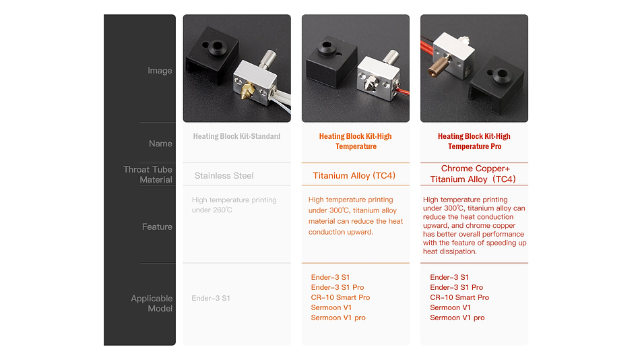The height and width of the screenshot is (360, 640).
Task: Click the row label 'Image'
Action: pyautogui.click(x=160, y=71)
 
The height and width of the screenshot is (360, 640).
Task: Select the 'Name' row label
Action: pyautogui.click(x=160, y=144)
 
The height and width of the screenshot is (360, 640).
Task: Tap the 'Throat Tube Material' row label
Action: pyautogui.click(x=148, y=175)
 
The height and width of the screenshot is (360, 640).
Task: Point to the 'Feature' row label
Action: pyautogui.click(x=157, y=227)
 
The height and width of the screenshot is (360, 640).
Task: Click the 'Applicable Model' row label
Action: pyautogui.click(x=152, y=303)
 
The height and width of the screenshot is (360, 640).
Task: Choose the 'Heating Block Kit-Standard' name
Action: pyautogui.click(x=236, y=136)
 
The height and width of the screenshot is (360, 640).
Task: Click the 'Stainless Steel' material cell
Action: pyautogui.click(x=224, y=176)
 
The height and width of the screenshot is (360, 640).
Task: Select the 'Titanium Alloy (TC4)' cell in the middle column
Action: pyautogui.click(x=354, y=176)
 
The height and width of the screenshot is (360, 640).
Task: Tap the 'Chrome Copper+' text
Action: pyautogui.click(x=476, y=169)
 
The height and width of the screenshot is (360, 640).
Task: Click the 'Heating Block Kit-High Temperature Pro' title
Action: pyautogui.click(x=474, y=142)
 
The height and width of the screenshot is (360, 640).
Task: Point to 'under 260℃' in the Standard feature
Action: pyautogui.click(x=212, y=210)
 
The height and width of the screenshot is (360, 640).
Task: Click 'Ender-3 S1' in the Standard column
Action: pyautogui.click(x=211, y=298)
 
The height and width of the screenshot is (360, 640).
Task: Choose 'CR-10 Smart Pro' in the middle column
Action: pyautogui.click(x=340, y=297)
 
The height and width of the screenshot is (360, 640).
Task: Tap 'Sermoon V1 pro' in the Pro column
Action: pyautogui.click(x=457, y=318)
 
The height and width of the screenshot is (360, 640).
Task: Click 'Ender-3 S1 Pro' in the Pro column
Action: pyautogui.click(x=456, y=287)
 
